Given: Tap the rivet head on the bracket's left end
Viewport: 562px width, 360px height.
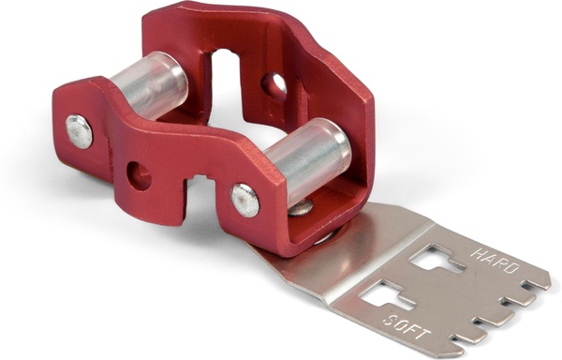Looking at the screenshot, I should click(80, 131).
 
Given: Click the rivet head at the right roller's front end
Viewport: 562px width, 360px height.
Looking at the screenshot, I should click(244, 200).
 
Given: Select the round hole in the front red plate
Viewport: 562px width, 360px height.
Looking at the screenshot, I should click(139, 174).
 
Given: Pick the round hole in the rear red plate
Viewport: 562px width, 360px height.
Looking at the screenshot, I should click(274, 86).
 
